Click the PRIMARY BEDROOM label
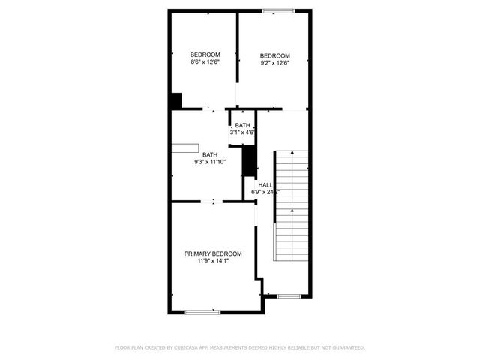[x=213, y=253]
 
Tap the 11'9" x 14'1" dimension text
[x=213, y=261]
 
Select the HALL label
[x=265, y=184]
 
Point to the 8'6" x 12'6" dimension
[x=205, y=62]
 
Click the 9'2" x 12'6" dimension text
[x=275, y=63]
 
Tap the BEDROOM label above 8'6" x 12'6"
[x=205, y=55]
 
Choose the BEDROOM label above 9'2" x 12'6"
[x=275, y=55]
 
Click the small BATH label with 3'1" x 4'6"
[x=242, y=125]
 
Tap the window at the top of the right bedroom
[x=278, y=10]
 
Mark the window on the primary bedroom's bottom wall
[x=202, y=311]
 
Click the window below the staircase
[x=289, y=295]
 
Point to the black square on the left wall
[x=175, y=100]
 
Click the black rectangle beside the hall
[x=250, y=161]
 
